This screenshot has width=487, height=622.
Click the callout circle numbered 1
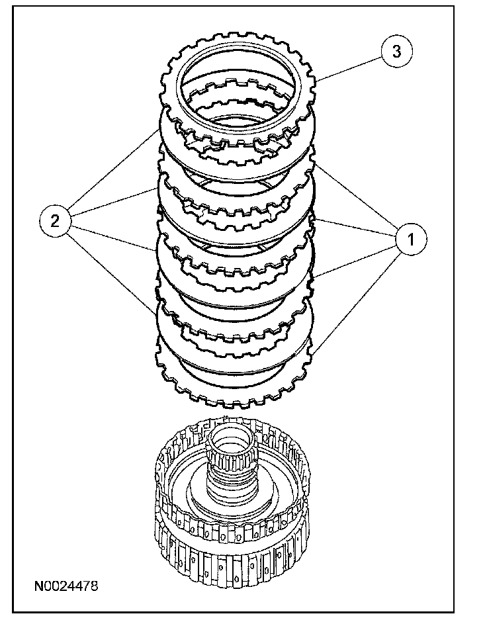pos(411,239)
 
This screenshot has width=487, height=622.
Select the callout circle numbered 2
pos(56,221)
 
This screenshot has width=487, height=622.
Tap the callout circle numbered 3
pos(396,52)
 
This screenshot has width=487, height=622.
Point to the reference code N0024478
pos(66,586)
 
